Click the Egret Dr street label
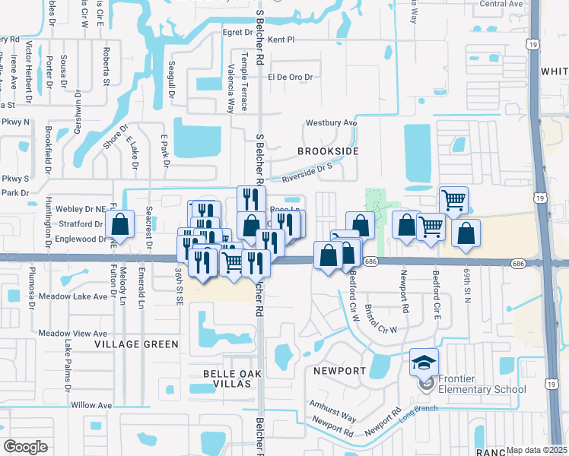[237, 33]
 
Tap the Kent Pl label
[281, 38]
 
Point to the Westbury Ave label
[331, 122]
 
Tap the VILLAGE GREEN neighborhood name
[136, 344]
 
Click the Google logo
[25, 446]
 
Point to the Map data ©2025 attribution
[536, 450]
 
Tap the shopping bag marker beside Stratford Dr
[120, 225]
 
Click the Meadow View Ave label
[73, 334]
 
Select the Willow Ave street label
[91, 405]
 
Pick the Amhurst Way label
[332, 411]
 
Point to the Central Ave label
[502, 4]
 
